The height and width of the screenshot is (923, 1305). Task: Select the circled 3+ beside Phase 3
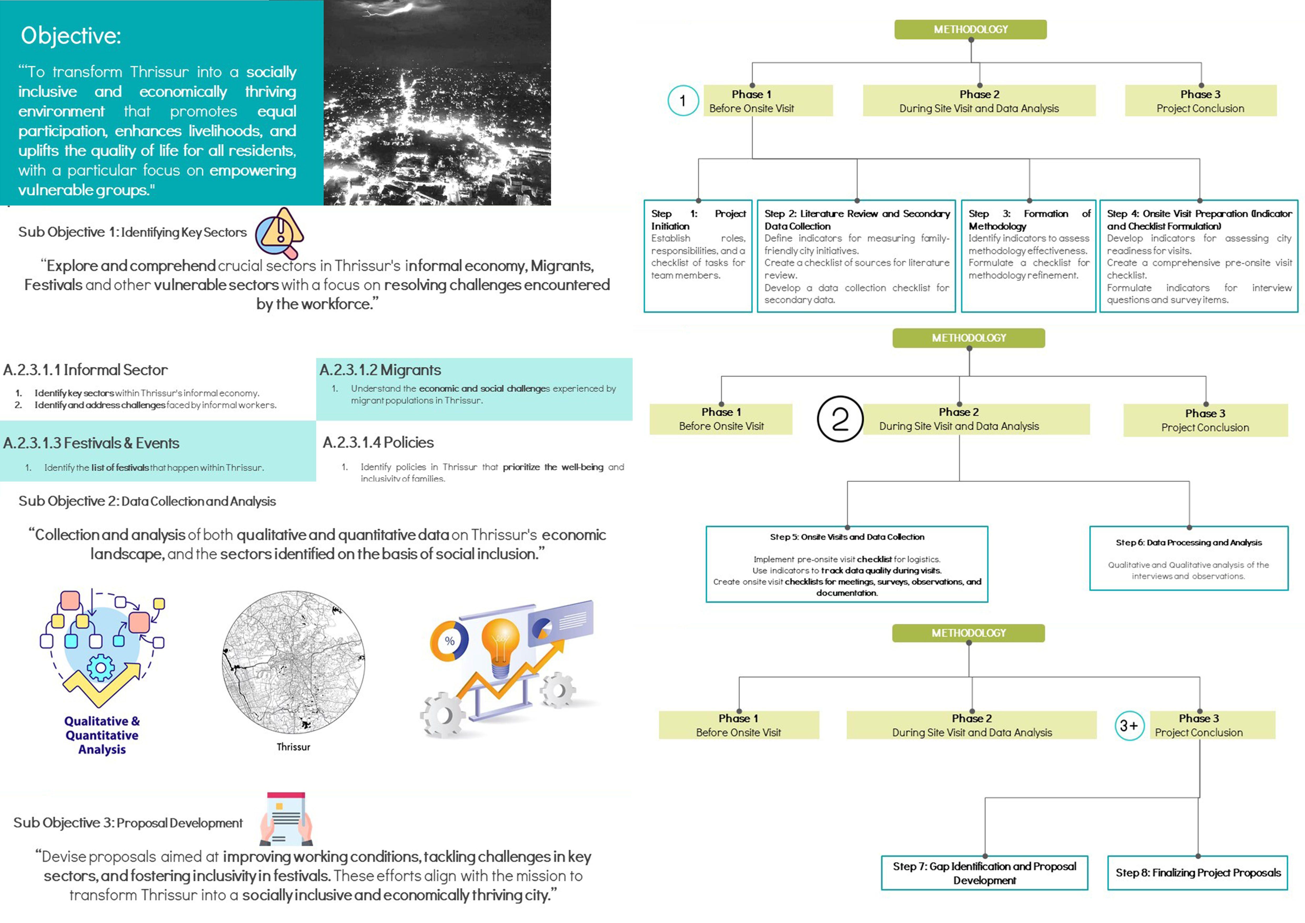[1129, 726]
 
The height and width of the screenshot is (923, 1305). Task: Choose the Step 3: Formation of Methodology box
[1028, 256]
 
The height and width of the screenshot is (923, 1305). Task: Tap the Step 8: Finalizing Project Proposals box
[1198, 872]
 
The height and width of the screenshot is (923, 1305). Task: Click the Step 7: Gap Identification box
[984, 872]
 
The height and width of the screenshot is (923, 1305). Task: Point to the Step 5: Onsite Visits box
[847, 564]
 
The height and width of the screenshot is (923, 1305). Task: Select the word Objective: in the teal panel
[71, 36]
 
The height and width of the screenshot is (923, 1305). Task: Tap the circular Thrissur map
[293, 662]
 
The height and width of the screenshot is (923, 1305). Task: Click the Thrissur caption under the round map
[293, 747]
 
